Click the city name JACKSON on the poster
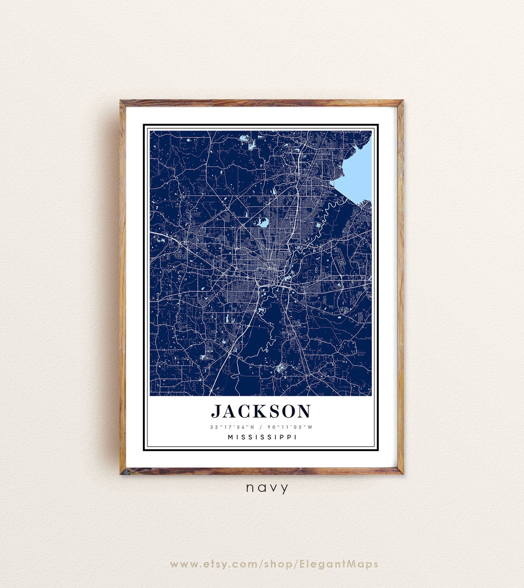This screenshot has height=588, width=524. click(x=261, y=411)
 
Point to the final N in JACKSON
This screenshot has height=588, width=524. click(x=304, y=411)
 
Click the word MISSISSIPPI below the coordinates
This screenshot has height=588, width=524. click(x=262, y=437)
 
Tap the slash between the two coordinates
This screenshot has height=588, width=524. click(x=261, y=427)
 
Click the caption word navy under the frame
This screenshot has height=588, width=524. click(x=267, y=488)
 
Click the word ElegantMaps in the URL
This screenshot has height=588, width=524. click(x=339, y=564)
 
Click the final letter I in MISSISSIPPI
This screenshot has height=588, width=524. click(x=295, y=437)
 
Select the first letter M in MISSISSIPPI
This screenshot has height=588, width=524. click(x=230, y=437)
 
